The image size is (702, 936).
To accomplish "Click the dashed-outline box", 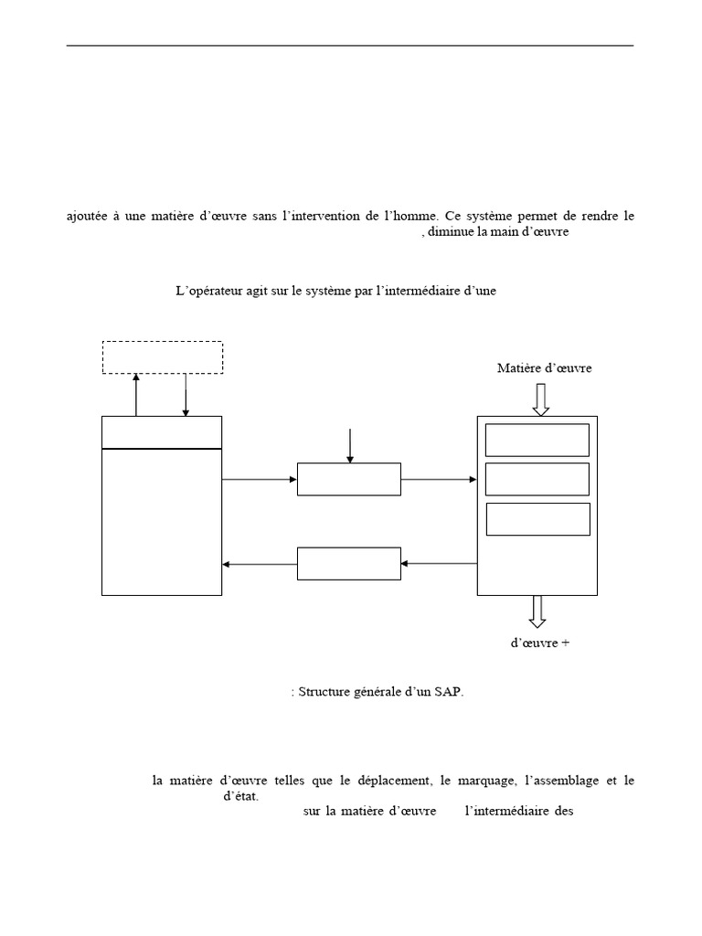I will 162,356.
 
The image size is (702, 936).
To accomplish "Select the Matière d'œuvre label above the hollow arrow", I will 544,368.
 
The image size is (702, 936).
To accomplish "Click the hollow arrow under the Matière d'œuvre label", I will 540,399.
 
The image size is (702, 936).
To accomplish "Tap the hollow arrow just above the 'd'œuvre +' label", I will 537,611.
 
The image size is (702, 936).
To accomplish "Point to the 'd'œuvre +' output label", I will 539,643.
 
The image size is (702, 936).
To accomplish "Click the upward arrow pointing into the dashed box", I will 136,394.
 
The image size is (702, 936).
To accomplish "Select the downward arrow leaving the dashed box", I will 186,394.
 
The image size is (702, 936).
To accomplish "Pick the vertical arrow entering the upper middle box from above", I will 348,445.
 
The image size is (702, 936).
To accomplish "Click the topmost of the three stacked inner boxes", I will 537,440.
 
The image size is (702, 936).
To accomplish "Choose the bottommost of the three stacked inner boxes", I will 537,518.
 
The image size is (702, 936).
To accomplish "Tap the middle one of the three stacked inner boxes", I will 537,479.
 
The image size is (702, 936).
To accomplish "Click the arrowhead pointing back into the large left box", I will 228,564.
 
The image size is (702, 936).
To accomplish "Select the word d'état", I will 240,796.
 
